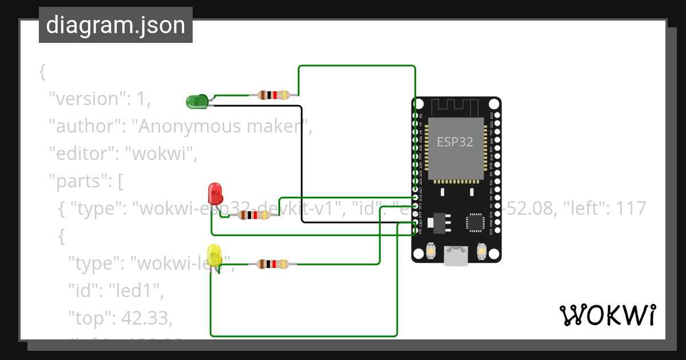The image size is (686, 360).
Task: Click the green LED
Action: click(196, 102)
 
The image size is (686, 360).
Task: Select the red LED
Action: click(215, 193)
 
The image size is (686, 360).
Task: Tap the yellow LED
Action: click(214, 255)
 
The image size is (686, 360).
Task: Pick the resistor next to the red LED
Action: click(253, 215)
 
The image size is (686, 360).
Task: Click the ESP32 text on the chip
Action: click(455, 142)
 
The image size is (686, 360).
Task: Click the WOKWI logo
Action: click(608, 315)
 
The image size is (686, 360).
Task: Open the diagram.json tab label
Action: click(115, 25)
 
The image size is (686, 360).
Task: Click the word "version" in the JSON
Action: click(86, 99)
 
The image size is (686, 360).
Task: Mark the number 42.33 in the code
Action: click(141, 317)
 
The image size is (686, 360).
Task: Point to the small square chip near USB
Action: click(475, 223)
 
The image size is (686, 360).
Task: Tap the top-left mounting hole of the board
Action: click(418, 105)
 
